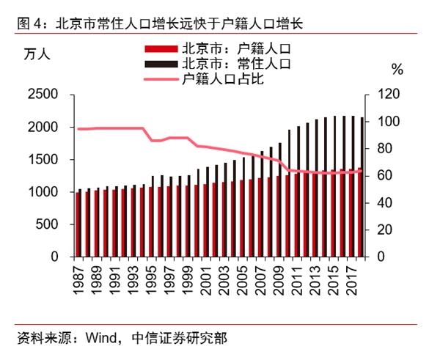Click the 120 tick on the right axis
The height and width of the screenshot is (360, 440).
[390, 95]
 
